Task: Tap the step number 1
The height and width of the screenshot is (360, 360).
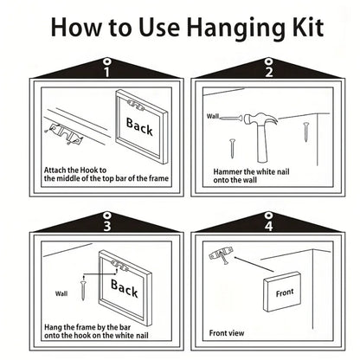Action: (x=107, y=72)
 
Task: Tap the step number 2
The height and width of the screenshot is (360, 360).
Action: (x=269, y=72)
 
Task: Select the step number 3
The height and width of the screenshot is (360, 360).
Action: (x=107, y=226)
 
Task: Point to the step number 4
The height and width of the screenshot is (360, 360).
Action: (x=268, y=226)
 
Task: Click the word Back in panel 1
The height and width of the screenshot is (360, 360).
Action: (x=139, y=126)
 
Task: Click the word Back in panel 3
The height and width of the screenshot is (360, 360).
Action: (x=125, y=288)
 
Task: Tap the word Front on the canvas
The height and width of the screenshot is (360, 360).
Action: (x=285, y=292)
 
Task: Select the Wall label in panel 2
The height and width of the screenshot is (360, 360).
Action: (x=213, y=116)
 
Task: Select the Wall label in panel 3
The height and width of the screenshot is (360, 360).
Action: (x=61, y=293)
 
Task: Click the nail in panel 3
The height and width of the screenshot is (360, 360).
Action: (x=83, y=290)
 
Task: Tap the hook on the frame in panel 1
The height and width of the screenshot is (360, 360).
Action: (x=135, y=106)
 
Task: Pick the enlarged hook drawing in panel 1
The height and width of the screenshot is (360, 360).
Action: (x=66, y=133)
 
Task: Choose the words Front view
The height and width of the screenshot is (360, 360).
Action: (x=227, y=333)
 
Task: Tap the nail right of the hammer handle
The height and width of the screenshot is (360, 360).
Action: (x=306, y=132)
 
